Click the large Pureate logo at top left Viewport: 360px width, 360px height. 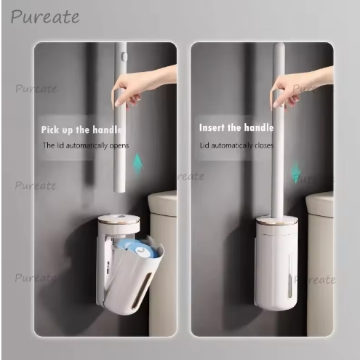tap(45, 17)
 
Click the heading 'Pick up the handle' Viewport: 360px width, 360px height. tap(81, 129)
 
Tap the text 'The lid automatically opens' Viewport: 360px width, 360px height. tap(86, 145)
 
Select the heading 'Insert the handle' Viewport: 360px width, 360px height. tap(236, 127)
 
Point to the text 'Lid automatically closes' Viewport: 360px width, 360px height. tap(236, 145)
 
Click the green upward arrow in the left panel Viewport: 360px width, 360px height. tap(137, 163)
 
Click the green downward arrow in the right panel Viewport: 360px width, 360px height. tap(296, 172)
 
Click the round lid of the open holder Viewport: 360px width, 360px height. tap(119, 222)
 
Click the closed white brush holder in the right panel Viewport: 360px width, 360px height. tap(277, 263)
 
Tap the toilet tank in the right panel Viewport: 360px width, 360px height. tap(319, 263)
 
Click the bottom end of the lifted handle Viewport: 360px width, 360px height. tap(119, 191)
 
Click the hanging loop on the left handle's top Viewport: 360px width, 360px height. tap(124, 57)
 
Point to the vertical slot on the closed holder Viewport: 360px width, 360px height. tap(290, 275)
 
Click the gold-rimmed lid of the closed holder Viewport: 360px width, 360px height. tap(277, 221)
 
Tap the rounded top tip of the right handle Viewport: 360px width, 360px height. tap(279, 45)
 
